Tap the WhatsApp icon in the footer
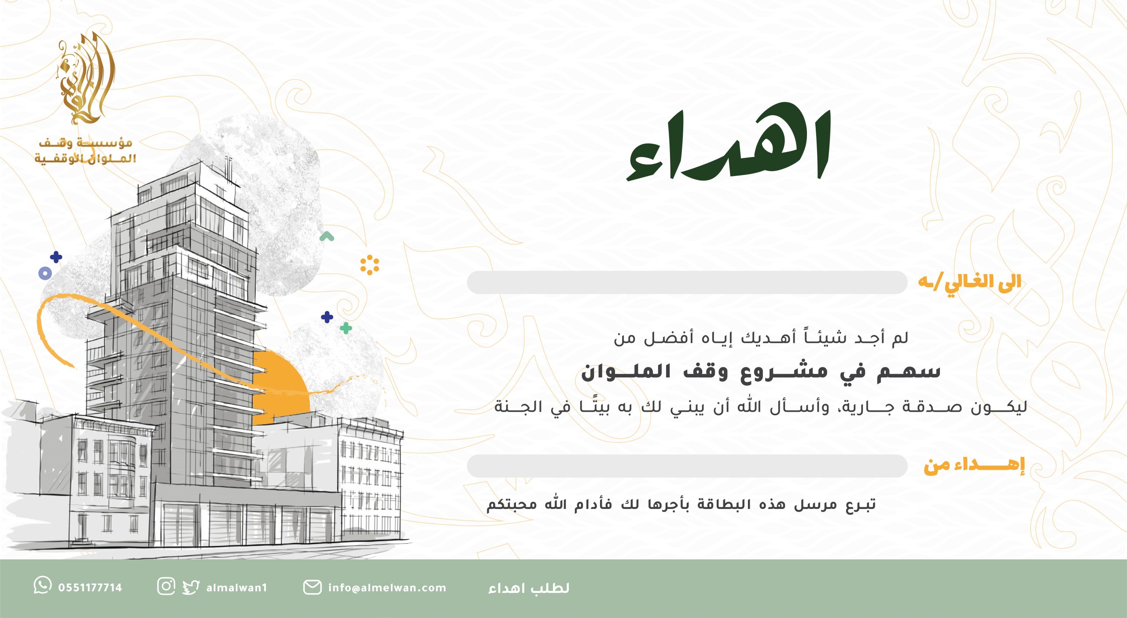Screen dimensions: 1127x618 [x=43, y=585]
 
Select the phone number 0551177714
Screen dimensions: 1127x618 [x=90, y=588]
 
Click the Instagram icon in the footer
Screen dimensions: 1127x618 [x=166, y=586]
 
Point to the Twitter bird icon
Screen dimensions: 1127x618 [x=191, y=587]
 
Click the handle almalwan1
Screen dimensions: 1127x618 [x=237, y=588]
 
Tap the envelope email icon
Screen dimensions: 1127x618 [x=312, y=587]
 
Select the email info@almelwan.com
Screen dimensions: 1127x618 [x=387, y=588]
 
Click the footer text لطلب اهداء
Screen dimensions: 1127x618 [x=529, y=588]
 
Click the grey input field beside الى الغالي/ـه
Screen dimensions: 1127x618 [x=687, y=282]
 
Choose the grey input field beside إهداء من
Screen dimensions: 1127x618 [x=687, y=466]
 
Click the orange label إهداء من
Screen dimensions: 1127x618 [x=974, y=466]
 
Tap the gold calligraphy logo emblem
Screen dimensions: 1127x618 [x=86, y=78]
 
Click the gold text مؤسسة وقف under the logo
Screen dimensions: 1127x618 [x=86, y=143]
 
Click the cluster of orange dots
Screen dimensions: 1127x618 [x=369, y=265]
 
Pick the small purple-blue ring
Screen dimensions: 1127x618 [x=45, y=273]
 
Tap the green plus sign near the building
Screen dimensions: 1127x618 [x=346, y=328]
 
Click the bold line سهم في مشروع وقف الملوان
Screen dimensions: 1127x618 [x=761, y=372]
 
